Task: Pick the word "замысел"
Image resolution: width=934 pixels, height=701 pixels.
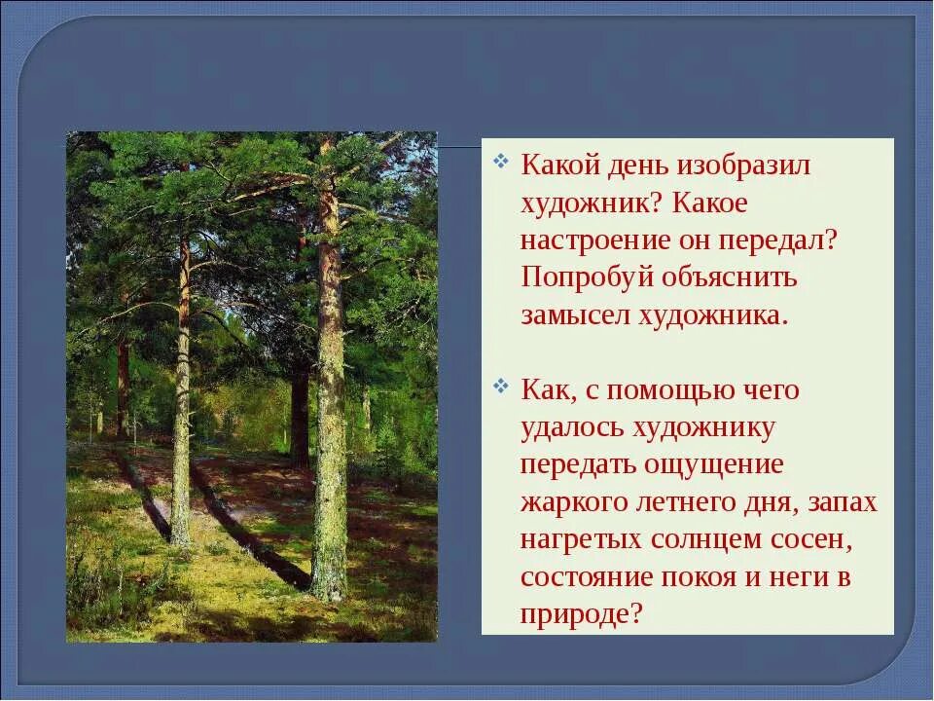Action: [x=575, y=315]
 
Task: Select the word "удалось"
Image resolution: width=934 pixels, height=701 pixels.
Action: [x=573, y=428]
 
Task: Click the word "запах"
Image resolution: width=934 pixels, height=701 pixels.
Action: [x=843, y=503]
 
